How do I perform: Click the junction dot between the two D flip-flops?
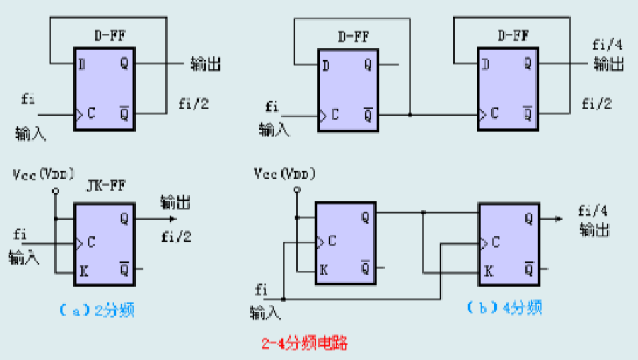[x=410, y=115]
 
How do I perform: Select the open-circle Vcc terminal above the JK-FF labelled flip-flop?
[x=55, y=191]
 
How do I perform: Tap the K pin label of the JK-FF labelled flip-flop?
[x=85, y=271]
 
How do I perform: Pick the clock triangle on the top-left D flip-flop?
[x=78, y=114]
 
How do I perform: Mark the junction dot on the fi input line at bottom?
[x=284, y=298]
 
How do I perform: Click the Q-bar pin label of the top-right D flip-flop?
[x=527, y=113]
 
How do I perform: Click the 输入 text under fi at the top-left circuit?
[x=31, y=134]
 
